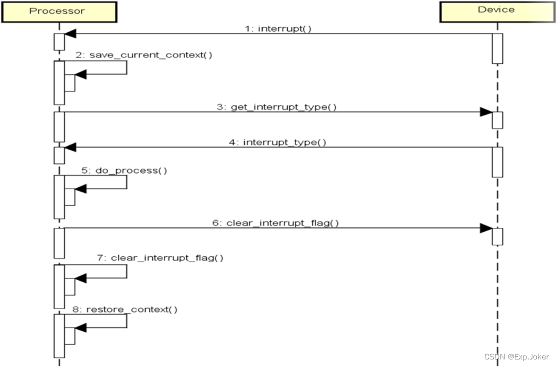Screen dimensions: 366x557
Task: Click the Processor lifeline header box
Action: [58, 11]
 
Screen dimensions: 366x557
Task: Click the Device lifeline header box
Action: [496, 10]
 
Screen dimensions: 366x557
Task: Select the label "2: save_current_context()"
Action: [144, 55]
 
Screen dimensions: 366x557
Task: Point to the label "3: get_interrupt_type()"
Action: [276, 107]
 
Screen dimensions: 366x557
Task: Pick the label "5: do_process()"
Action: [125, 170]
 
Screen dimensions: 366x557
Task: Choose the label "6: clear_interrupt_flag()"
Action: [275, 222]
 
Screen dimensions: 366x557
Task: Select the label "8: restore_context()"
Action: [125, 310]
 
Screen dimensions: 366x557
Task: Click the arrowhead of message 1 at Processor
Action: [70, 34]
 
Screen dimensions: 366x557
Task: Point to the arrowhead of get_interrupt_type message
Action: [486, 112]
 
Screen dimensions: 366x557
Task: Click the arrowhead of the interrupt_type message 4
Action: [70, 147]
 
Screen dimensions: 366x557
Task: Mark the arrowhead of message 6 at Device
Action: [486, 228]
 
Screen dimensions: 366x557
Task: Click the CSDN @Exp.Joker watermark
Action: [516, 356]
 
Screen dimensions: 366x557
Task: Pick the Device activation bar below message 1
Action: [497, 48]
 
